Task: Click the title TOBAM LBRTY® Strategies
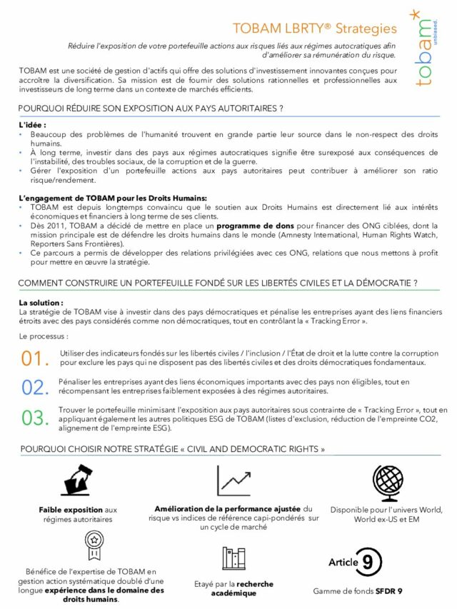pos(314,29)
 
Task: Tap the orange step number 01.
pos(35,358)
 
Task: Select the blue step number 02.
pos(35,388)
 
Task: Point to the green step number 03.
pos(35,418)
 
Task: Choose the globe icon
pos(388,481)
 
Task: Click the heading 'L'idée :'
pos(32,125)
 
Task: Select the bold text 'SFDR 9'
pos(390,591)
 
